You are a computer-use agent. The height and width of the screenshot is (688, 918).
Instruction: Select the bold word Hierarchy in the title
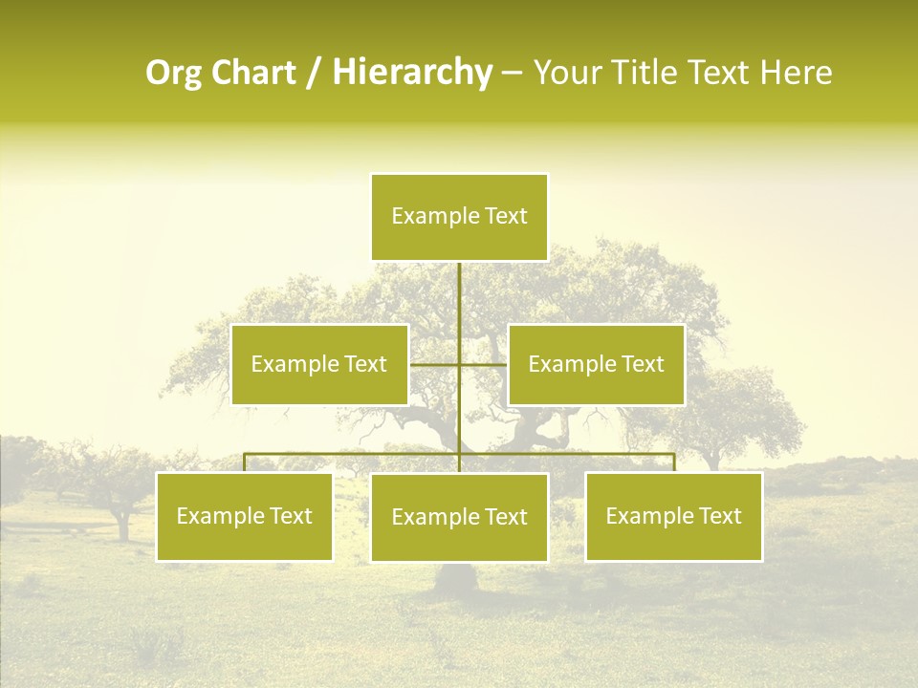pos(412,74)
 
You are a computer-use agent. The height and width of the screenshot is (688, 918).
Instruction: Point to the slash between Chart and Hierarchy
pos(314,74)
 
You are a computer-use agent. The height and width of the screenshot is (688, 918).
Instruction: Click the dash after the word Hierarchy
pos(512,74)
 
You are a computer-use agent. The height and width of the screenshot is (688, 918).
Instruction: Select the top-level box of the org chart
pos(459,217)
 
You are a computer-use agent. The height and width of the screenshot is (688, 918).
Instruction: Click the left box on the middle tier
pos(319,364)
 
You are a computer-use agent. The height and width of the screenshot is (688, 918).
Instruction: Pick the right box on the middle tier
pos(596,364)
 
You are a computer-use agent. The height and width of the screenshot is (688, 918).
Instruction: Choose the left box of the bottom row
pos(245,516)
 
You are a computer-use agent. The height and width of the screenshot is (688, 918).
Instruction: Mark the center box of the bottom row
pos(459,517)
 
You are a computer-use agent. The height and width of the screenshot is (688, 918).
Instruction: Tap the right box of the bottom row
pos(673,516)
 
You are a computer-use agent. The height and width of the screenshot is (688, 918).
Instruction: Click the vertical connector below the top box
pos(459,306)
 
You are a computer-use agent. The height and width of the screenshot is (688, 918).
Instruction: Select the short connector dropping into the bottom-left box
pos(245,462)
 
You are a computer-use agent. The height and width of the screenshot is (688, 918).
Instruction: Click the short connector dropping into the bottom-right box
pos(674,462)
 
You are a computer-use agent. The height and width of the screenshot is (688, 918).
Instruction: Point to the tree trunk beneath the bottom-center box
pos(457,577)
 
